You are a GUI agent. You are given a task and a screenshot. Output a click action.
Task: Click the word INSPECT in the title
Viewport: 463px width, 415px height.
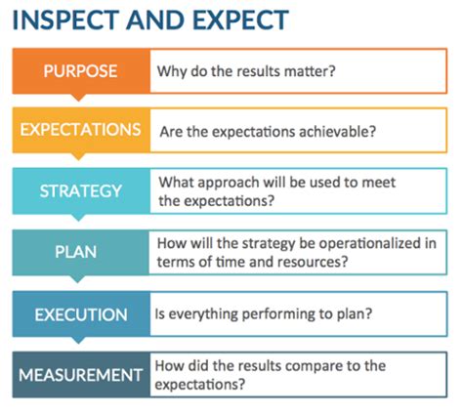pos(65,20)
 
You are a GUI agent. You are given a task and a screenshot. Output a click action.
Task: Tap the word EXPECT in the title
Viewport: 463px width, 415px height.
pos(240,20)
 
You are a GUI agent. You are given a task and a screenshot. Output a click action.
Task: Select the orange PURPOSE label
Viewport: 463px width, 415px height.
pos(80,71)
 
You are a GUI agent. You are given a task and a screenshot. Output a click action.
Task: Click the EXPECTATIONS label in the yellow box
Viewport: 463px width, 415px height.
pos(80,130)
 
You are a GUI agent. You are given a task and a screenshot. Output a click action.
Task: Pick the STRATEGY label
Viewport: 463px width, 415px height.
pos(80,191)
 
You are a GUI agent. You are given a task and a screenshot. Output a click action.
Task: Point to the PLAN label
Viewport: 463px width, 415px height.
pos(76,252)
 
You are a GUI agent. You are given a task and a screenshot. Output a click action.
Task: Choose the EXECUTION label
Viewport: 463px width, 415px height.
pos(81,314)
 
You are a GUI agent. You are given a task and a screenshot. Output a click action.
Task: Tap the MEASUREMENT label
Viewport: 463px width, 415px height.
pos(81,375)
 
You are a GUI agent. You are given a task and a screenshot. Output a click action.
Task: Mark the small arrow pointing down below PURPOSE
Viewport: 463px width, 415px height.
pos(78,98)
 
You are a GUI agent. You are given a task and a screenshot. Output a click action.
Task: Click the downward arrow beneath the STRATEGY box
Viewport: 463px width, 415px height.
pos(78,218)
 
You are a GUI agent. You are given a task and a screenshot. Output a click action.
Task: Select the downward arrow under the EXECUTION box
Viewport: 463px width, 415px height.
pos(78,340)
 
